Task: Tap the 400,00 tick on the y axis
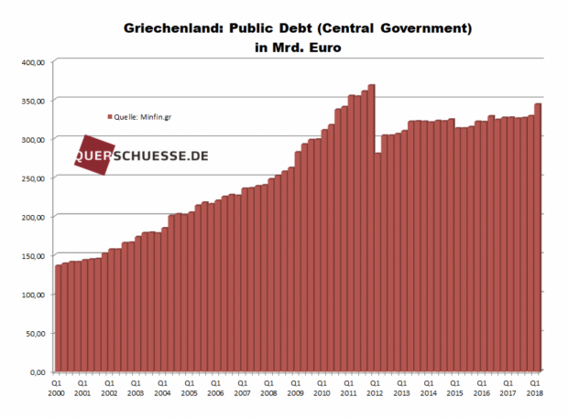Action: pyautogui.click(x=33, y=61)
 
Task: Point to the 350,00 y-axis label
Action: pyautogui.click(x=33, y=100)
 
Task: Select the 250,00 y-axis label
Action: pyautogui.click(x=33, y=177)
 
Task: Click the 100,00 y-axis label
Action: pyautogui.click(x=33, y=295)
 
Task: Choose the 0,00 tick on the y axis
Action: pyautogui.click(x=38, y=372)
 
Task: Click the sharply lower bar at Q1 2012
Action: pyautogui.click(x=377, y=265)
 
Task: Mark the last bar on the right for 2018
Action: pyautogui.click(x=538, y=238)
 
